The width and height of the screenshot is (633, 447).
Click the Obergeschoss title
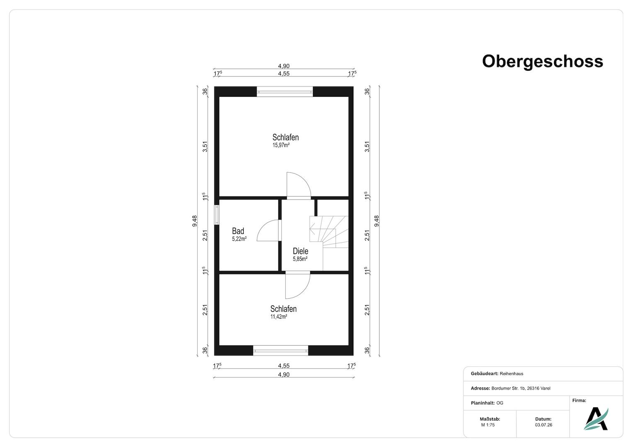click(542, 62)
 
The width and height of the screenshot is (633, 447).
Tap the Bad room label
click(238, 231)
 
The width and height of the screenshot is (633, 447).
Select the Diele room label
click(301, 251)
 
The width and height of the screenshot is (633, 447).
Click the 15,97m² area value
click(281, 145)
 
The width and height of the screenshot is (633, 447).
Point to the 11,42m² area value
click(279, 317)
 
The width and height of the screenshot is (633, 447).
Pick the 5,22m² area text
click(239, 239)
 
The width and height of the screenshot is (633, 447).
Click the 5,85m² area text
click(300, 259)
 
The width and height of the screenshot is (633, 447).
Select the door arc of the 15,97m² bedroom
click(304, 178)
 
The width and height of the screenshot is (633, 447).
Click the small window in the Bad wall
click(216, 215)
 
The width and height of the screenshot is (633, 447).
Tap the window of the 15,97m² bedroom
click(284, 92)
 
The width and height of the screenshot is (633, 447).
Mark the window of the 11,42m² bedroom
click(280, 351)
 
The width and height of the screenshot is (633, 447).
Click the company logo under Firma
click(596, 419)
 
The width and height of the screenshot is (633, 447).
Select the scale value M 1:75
click(488, 425)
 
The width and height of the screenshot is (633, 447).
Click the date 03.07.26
click(543, 425)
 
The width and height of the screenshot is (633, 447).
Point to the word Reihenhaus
click(512, 374)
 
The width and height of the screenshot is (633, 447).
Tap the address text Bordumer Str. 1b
click(508, 388)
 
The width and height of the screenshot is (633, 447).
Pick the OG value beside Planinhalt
click(500, 403)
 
